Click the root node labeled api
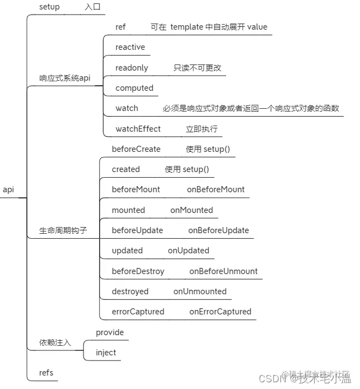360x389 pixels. (x=8, y=189)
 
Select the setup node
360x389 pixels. (x=49, y=7)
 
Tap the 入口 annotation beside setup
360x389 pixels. (x=93, y=7)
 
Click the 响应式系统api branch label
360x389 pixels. (x=64, y=78)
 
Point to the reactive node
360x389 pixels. (x=130, y=47)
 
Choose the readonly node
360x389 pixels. (x=132, y=68)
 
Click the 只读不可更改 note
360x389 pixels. (x=197, y=68)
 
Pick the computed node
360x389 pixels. (x=134, y=88)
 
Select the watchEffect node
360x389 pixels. (x=138, y=129)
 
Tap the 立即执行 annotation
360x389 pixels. (x=202, y=129)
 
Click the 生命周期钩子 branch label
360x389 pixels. (x=63, y=230)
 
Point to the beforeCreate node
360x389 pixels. (x=136, y=149)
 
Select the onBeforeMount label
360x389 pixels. (x=216, y=189)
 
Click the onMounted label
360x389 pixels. (x=191, y=210)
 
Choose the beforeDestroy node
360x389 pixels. (x=138, y=271)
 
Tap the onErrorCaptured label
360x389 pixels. (x=220, y=312)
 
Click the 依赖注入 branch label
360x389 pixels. (x=55, y=342)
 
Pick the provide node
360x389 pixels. (x=110, y=332)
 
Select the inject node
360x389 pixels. (x=106, y=353)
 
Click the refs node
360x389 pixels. (x=46, y=373)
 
